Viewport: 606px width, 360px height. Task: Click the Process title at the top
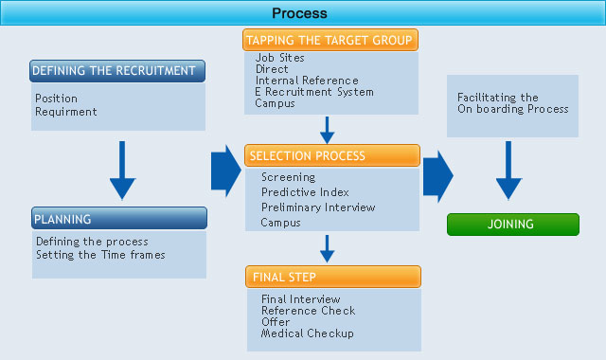(x=299, y=13)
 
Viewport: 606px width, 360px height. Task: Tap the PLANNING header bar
(x=118, y=219)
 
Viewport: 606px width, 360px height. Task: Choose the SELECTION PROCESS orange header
(x=331, y=155)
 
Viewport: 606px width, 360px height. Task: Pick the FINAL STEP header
(x=331, y=277)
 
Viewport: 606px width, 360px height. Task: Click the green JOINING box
(x=511, y=225)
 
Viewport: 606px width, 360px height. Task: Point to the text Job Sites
(x=279, y=58)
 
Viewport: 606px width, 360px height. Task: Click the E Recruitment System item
(x=314, y=92)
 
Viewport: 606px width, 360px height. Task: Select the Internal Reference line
(x=307, y=81)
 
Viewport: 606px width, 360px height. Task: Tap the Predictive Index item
(x=305, y=192)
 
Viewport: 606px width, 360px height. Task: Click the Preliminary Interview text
(x=318, y=207)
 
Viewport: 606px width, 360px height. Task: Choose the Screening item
(x=288, y=177)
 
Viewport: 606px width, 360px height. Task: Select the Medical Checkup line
(x=307, y=333)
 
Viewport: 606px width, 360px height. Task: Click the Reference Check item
(x=308, y=311)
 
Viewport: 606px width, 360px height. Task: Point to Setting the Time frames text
(x=100, y=254)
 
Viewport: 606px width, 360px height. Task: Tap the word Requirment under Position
(x=67, y=111)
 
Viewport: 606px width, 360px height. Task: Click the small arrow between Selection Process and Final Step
(x=327, y=248)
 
